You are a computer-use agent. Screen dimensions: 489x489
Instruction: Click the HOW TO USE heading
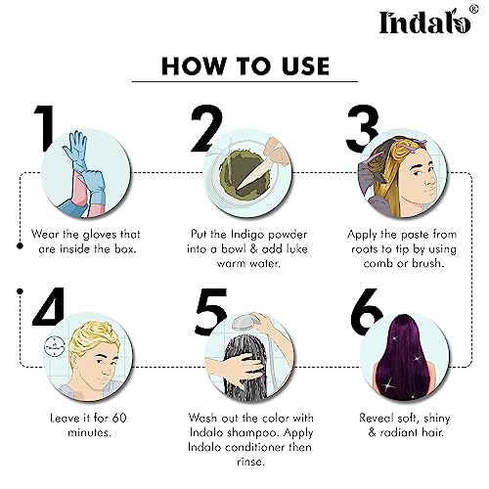click(244, 66)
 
